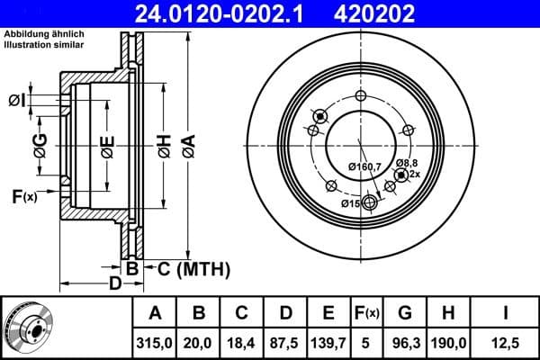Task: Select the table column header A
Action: pyautogui.click(x=154, y=312)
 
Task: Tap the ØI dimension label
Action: pyautogui.click(x=16, y=99)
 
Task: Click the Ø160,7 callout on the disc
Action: pyautogui.click(x=365, y=166)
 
